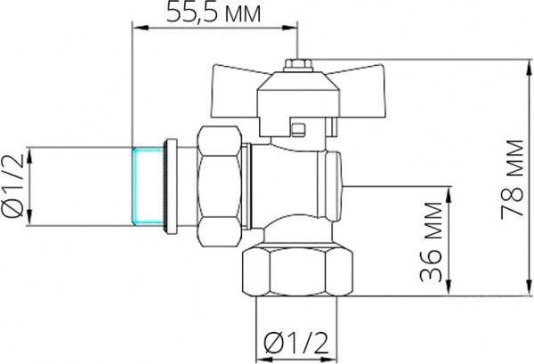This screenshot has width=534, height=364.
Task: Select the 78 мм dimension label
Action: tap(510, 175)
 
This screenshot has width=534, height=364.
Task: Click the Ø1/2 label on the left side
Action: tap(14, 186)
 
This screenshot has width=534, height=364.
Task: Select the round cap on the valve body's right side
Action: tap(336, 185)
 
